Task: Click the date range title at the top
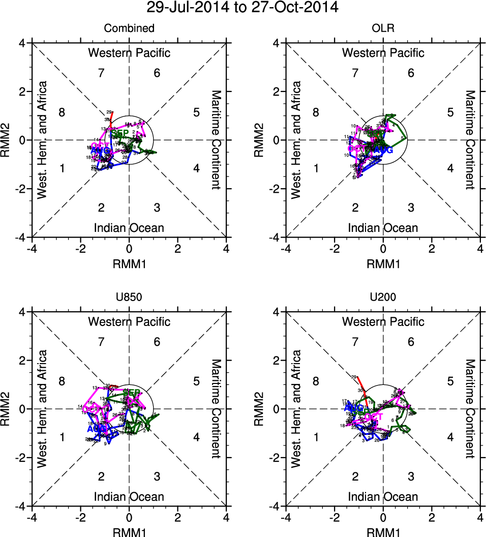(x=242, y=8)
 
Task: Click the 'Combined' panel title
(x=129, y=28)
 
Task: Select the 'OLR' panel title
(x=383, y=28)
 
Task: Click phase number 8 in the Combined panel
(x=62, y=112)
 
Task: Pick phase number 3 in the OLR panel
(x=411, y=207)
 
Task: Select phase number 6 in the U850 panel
(x=157, y=342)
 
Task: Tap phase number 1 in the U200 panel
(x=316, y=437)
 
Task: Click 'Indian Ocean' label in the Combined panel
(x=129, y=227)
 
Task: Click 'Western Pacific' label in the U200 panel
(x=383, y=321)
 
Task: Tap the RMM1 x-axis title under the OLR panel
(x=383, y=264)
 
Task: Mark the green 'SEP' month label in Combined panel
(x=120, y=133)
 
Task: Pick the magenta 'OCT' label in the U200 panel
(x=374, y=417)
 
